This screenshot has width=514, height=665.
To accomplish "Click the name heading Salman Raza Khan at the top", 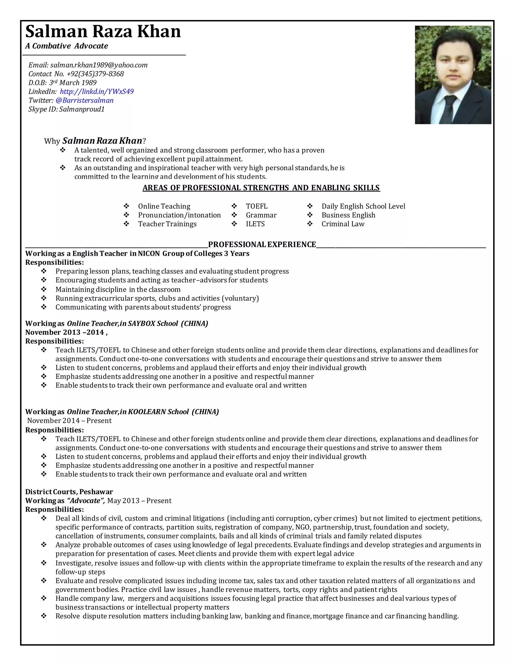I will [x=103, y=31].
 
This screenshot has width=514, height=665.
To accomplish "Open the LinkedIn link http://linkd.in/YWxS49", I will [x=97, y=91].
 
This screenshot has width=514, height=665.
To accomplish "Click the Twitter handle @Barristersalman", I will [x=84, y=100].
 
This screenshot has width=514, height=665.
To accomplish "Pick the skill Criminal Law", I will [x=343, y=224].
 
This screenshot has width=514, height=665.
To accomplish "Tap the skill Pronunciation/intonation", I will [x=179, y=215].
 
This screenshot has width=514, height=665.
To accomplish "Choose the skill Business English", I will [x=348, y=215].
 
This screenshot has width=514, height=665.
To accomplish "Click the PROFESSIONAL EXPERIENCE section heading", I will [x=262, y=244].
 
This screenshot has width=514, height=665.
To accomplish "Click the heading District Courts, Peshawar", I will [x=69, y=492].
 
